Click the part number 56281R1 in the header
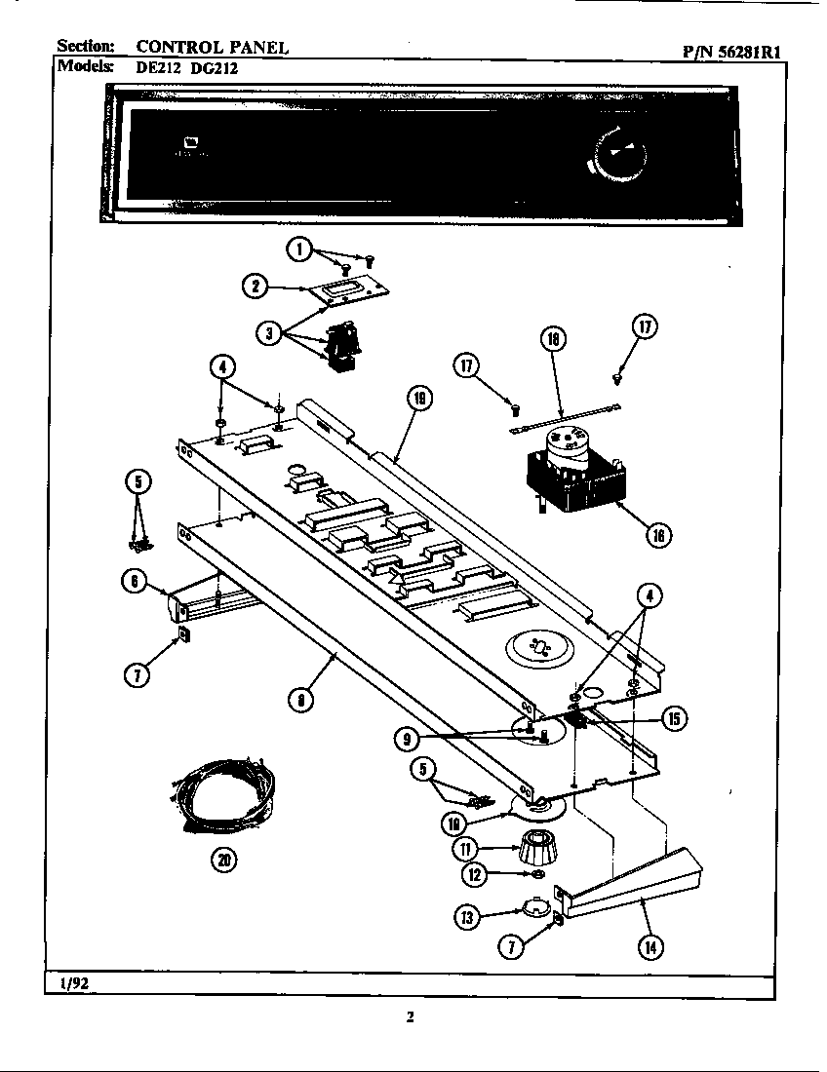pos(746,54)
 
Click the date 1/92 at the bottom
pos(73,983)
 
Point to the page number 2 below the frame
pos(411,1017)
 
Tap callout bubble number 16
pos(658,535)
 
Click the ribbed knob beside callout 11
pos(538,851)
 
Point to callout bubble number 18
pos(554,339)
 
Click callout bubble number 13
pos(468,916)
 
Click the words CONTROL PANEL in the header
pos(212,47)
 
